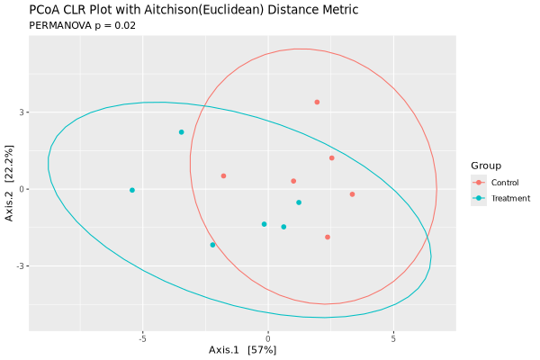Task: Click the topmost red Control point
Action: (x=317, y=102)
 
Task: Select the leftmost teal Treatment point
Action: (x=132, y=190)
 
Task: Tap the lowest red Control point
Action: (x=328, y=237)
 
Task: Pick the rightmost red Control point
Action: (x=352, y=193)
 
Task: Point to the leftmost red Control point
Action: (x=223, y=175)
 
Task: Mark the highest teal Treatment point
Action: (x=181, y=132)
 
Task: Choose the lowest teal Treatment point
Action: (x=212, y=245)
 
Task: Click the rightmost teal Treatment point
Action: (x=299, y=202)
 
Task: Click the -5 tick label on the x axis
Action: (x=142, y=339)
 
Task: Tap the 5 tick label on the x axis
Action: (x=393, y=339)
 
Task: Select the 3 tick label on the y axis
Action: (x=22, y=112)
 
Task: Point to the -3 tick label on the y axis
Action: (x=20, y=266)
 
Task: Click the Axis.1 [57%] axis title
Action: (x=242, y=349)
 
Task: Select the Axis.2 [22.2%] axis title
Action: (x=9, y=189)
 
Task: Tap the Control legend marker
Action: (x=479, y=183)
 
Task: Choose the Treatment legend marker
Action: (x=479, y=198)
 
